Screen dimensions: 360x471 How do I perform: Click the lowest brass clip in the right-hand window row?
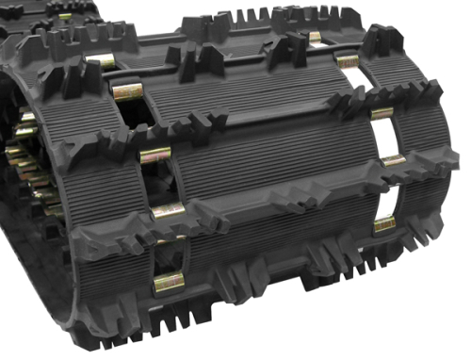pos(384,224)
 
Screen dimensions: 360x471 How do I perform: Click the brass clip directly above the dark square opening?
pos(126,92)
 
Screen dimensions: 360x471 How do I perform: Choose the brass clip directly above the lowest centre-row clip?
pos(167,211)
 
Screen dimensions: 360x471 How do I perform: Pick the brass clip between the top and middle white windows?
pos(381,113)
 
